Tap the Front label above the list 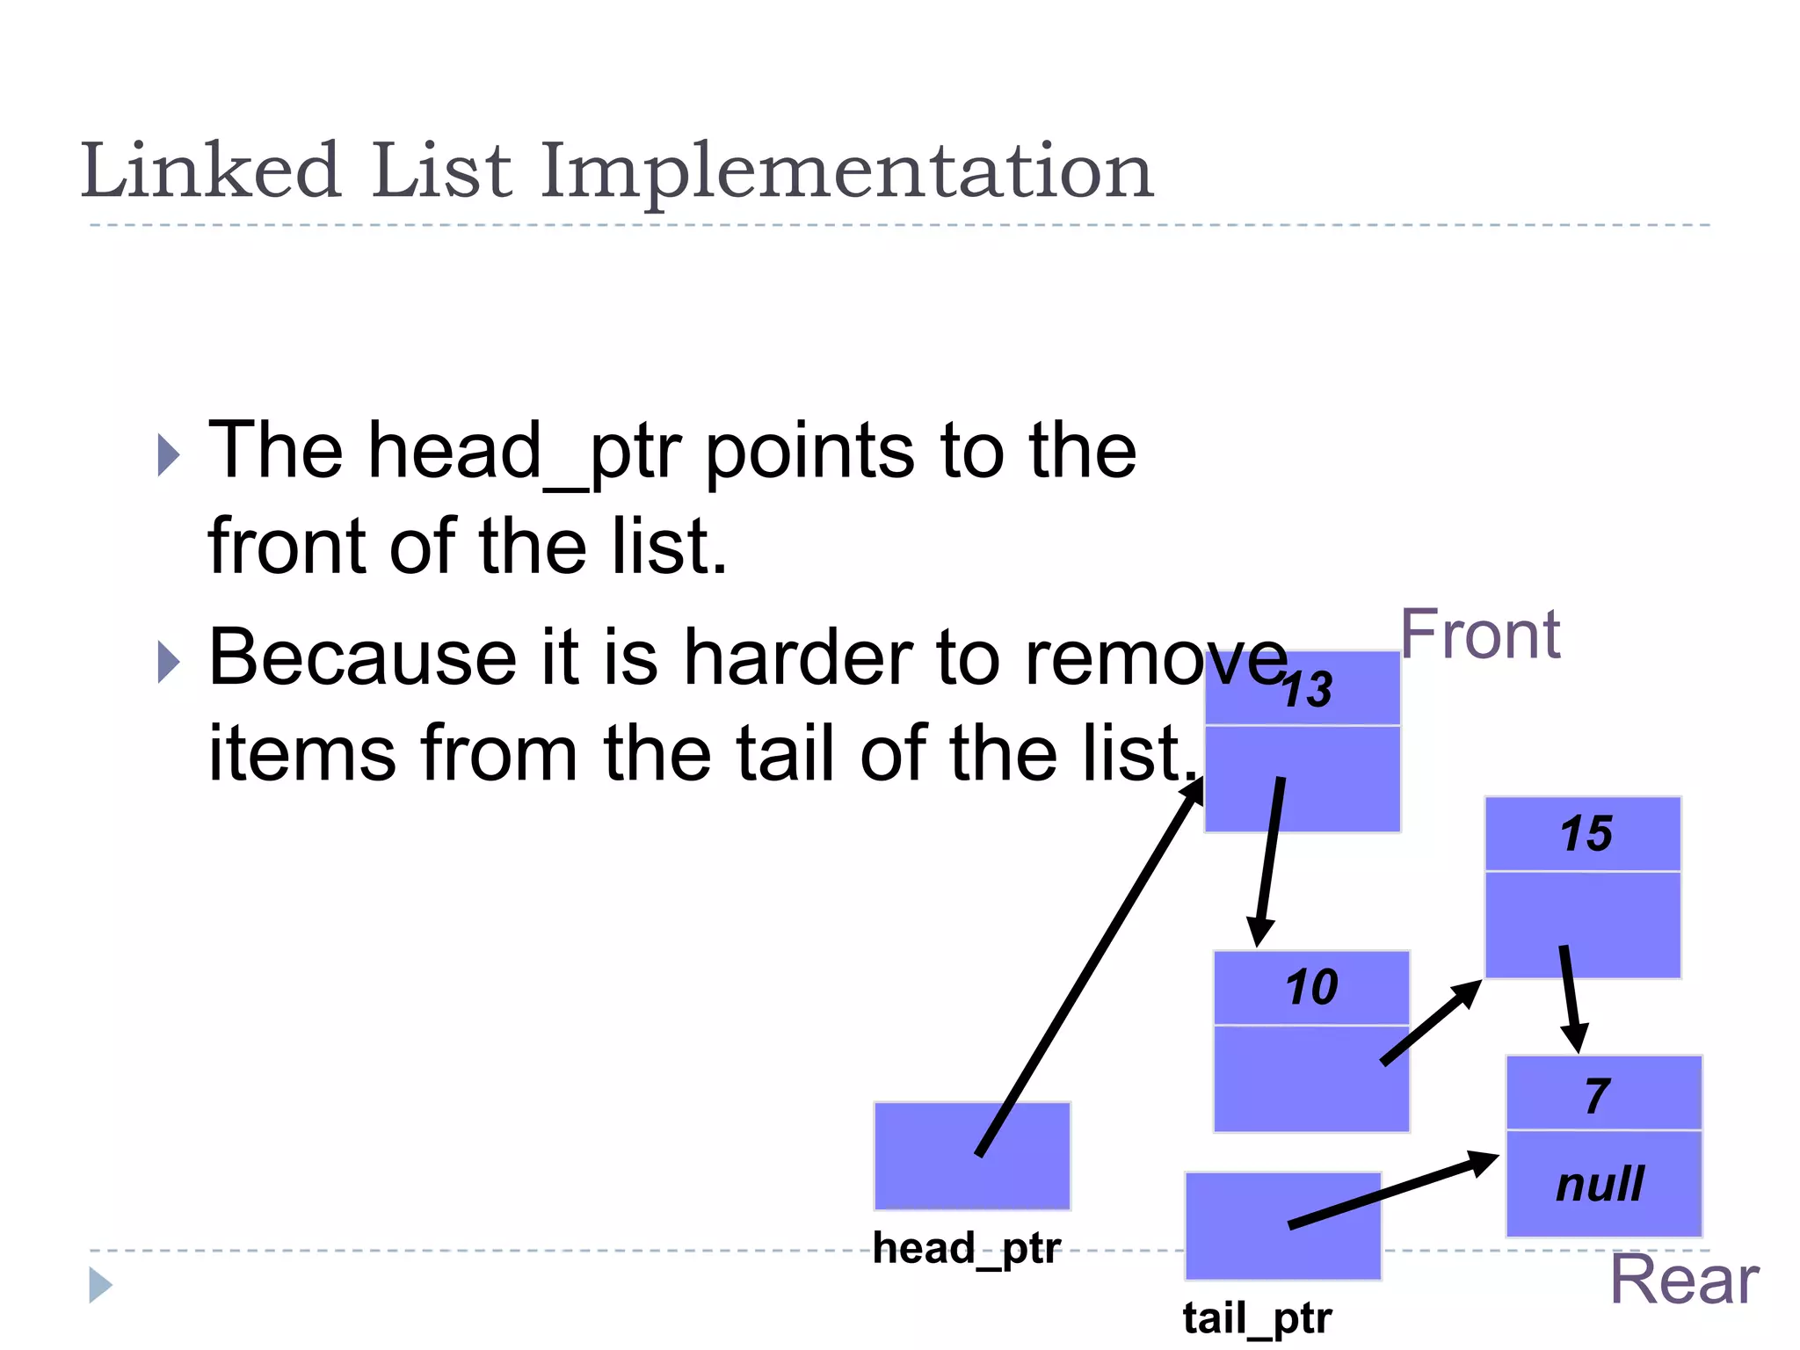click(x=1480, y=635)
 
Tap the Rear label click(x=1683, y=1281)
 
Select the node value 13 click(x=1307, y=690)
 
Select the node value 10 click(x=1311, y=987)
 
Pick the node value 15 click(x=1586, y=833)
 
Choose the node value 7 click(x=1598, y=1096)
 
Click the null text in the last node click(x=1600, y=1184)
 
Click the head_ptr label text click(x=967, y=1249)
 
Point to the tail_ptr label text click(x=1257, y=1318)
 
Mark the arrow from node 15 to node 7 click(x=1571, y=998)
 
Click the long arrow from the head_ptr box click(x=1090, y=967)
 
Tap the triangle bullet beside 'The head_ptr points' click(x=168, y=454)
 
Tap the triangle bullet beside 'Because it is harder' click(x=168, y=662)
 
